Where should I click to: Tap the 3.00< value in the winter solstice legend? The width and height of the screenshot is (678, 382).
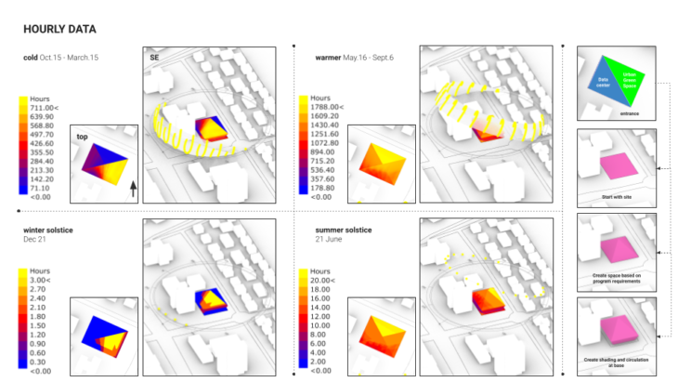[x=40, y=280]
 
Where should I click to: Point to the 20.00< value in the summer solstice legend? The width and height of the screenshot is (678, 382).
[x=322, y=280]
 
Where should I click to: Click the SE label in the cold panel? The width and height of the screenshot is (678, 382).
[x=154, y=58]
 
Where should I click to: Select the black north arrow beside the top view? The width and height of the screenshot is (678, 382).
[x=133, y=190]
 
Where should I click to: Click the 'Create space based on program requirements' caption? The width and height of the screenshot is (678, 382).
[x=617, y=279]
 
